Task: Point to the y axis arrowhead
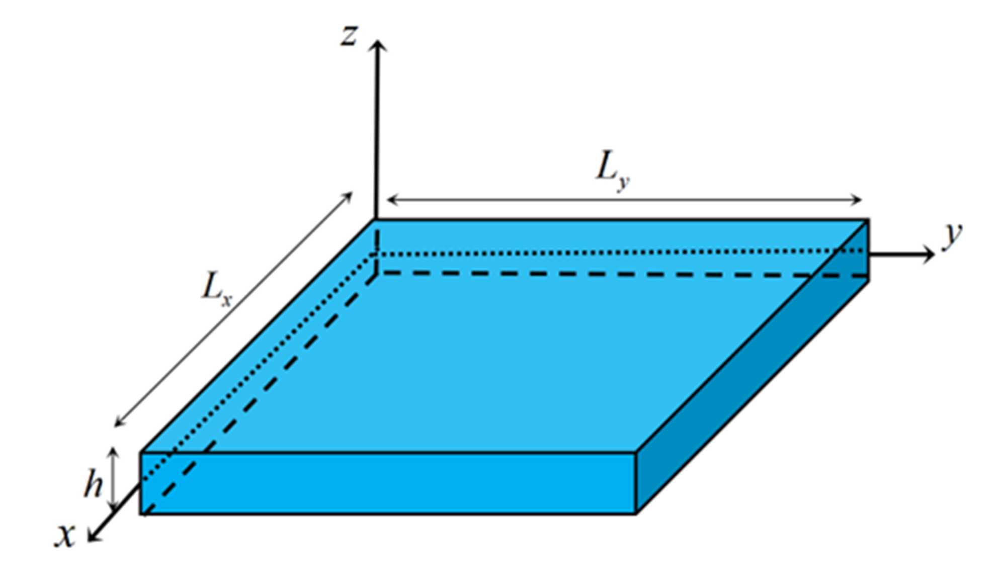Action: coord(929,255)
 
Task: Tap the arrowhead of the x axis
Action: coord(93,536)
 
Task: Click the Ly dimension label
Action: coord(612,171)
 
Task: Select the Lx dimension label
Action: coord(216,290)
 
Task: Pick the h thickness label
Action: coord(94,484)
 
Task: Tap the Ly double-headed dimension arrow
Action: coord(624,200)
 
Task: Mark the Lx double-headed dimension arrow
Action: coord(233,309)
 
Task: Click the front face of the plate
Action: coord(387,483)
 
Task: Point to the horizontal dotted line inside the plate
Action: coord(604,252)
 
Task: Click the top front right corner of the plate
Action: coord(637,453)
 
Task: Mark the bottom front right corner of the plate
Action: coord(636,513)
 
